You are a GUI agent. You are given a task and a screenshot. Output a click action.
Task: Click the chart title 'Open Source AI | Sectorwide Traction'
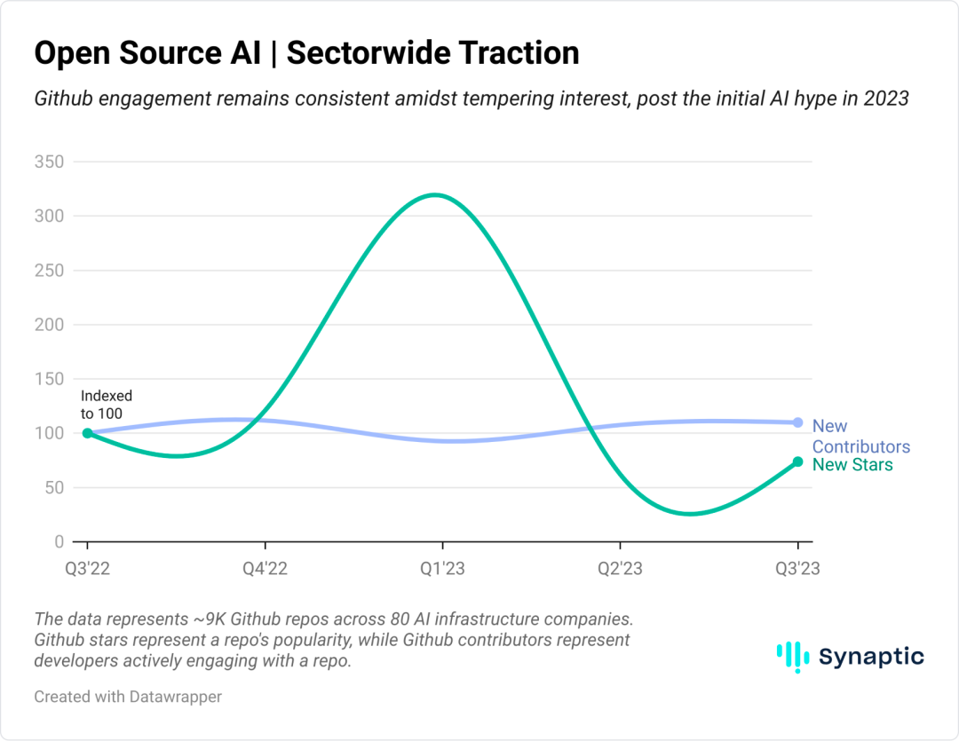tap(306, 53)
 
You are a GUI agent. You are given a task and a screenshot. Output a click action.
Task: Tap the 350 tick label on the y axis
tap(50, 162)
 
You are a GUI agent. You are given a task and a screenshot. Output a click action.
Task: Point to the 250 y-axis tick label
tap(50, 271)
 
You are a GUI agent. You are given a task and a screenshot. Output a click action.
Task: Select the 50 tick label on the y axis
tap(55, 487)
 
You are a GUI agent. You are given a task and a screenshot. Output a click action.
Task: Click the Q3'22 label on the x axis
tap(87, 569)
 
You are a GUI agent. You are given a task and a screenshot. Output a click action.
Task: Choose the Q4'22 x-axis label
tap(265, 569)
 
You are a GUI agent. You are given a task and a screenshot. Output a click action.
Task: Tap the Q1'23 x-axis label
tap(442, 569)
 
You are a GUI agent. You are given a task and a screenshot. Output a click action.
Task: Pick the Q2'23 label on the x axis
tap(620, 569)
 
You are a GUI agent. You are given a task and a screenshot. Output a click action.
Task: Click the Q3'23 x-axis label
tap(797, 569)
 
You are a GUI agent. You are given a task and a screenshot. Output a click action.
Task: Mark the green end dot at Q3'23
tap(797, 461)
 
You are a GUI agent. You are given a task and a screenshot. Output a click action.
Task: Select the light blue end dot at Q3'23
tap(797, 422)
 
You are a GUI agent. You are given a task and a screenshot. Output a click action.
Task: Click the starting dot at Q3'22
tap(87, 433)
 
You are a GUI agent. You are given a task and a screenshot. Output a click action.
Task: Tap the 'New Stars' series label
tap(852, 465)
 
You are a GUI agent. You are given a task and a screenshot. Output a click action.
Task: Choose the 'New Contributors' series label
tap(860, 436)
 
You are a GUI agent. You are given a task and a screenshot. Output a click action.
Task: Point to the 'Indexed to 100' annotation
tap(106, 405)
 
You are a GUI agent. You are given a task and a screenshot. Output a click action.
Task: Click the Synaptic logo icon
tap(788, 657)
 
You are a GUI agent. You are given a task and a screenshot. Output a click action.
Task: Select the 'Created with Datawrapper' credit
tap(128, 697)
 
